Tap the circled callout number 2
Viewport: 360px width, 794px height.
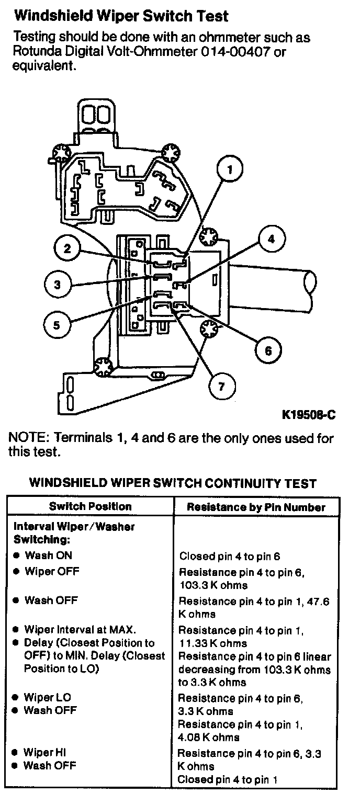pyautogui.click(x=67, y=249)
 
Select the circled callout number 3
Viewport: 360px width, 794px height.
pyautogui.click(x=57, y=285)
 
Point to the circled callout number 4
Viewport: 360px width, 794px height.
pyautogui.click(x=271, y=240)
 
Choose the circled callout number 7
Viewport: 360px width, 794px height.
pyautogui.click(x=221, y=387)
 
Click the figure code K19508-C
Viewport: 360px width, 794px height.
pyautogui.click(x=308, y=415)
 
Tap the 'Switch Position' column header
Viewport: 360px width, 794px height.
pyautogui.click(x=91, y=506)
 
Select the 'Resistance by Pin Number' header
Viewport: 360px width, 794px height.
pyautogui.click(x=256, y=507)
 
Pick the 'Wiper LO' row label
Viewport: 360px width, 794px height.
pyautogui.click(x=48, y=697)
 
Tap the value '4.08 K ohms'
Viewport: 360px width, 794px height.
pyautogui.click(x=209, y=738)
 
